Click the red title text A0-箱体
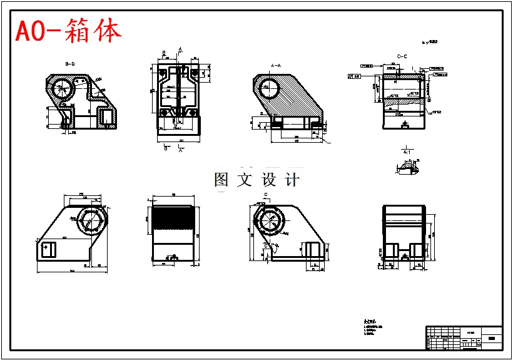pos(69,31)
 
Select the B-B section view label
pos(70,64)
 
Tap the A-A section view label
pos(276,65)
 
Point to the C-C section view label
pos(402,56)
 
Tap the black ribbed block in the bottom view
pos(173,219)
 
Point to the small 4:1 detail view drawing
pos(407,167)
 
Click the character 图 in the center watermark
pos(221,180)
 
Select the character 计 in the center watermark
pos(292,180)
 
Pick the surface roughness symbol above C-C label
pos(430,42)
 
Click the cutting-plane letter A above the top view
pos(180,49)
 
